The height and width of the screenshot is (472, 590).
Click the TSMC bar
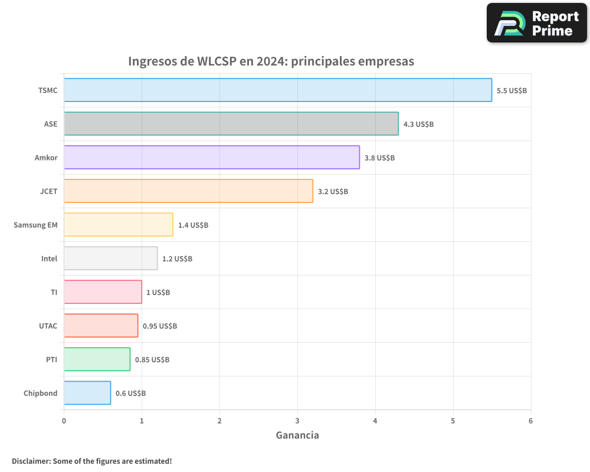[277, 90]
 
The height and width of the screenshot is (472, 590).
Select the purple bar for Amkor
[211, 158]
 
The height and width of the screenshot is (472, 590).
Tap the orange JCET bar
[188, 191]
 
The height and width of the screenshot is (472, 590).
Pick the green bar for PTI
[97, 359]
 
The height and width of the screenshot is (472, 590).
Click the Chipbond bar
[87, 393]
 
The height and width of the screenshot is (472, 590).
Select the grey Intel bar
[110, 258]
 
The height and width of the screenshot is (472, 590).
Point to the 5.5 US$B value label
[512, 91]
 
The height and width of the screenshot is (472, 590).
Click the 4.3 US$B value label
[418, 124]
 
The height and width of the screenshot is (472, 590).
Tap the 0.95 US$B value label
[160, 326]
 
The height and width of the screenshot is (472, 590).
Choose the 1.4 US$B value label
[193, 225]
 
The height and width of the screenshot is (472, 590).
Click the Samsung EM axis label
[35, 225]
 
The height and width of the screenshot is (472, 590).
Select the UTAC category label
[48, 326]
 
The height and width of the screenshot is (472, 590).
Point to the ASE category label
[51, 124]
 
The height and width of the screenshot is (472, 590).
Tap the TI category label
[54, 292]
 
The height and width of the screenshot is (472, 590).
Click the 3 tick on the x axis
[297, 421]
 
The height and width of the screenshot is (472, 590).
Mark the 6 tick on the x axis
[530, 421]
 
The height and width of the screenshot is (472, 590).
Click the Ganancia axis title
[297, 435]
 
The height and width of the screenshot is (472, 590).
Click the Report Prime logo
[536, 23]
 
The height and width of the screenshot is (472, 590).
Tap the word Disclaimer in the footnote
[30, 461]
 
